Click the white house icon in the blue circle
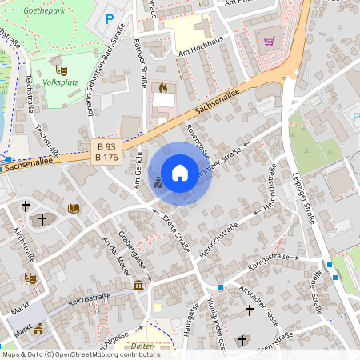[180, 172]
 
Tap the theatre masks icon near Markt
[31, 278]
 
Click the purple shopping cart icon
[270, 42]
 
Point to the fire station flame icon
[163, 87]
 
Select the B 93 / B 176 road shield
[105, 151]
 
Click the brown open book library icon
[74, 209]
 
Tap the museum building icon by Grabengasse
[139, 286]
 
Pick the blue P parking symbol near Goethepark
[110, 18]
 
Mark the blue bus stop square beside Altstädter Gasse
[221, 287]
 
